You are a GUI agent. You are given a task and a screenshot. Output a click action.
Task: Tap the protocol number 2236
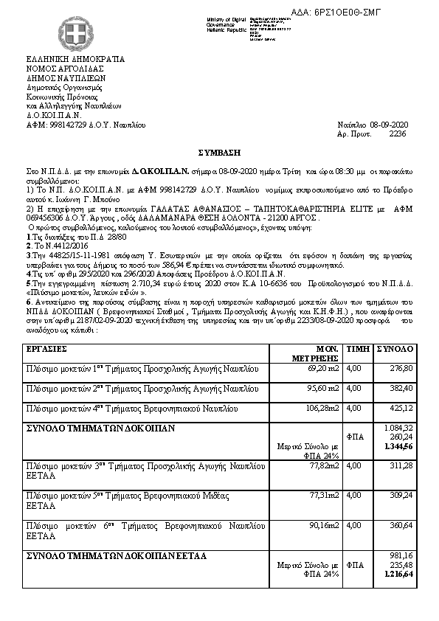pyautogui.click(x=397, y=135)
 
